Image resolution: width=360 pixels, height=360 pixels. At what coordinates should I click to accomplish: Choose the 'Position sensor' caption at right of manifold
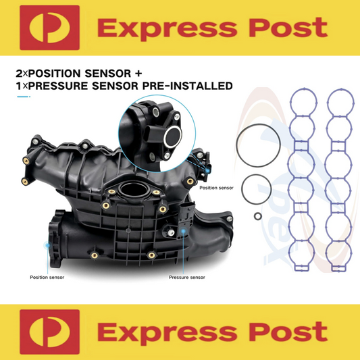(216, 188)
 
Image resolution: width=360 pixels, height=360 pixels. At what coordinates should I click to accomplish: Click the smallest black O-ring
(257, 216)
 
